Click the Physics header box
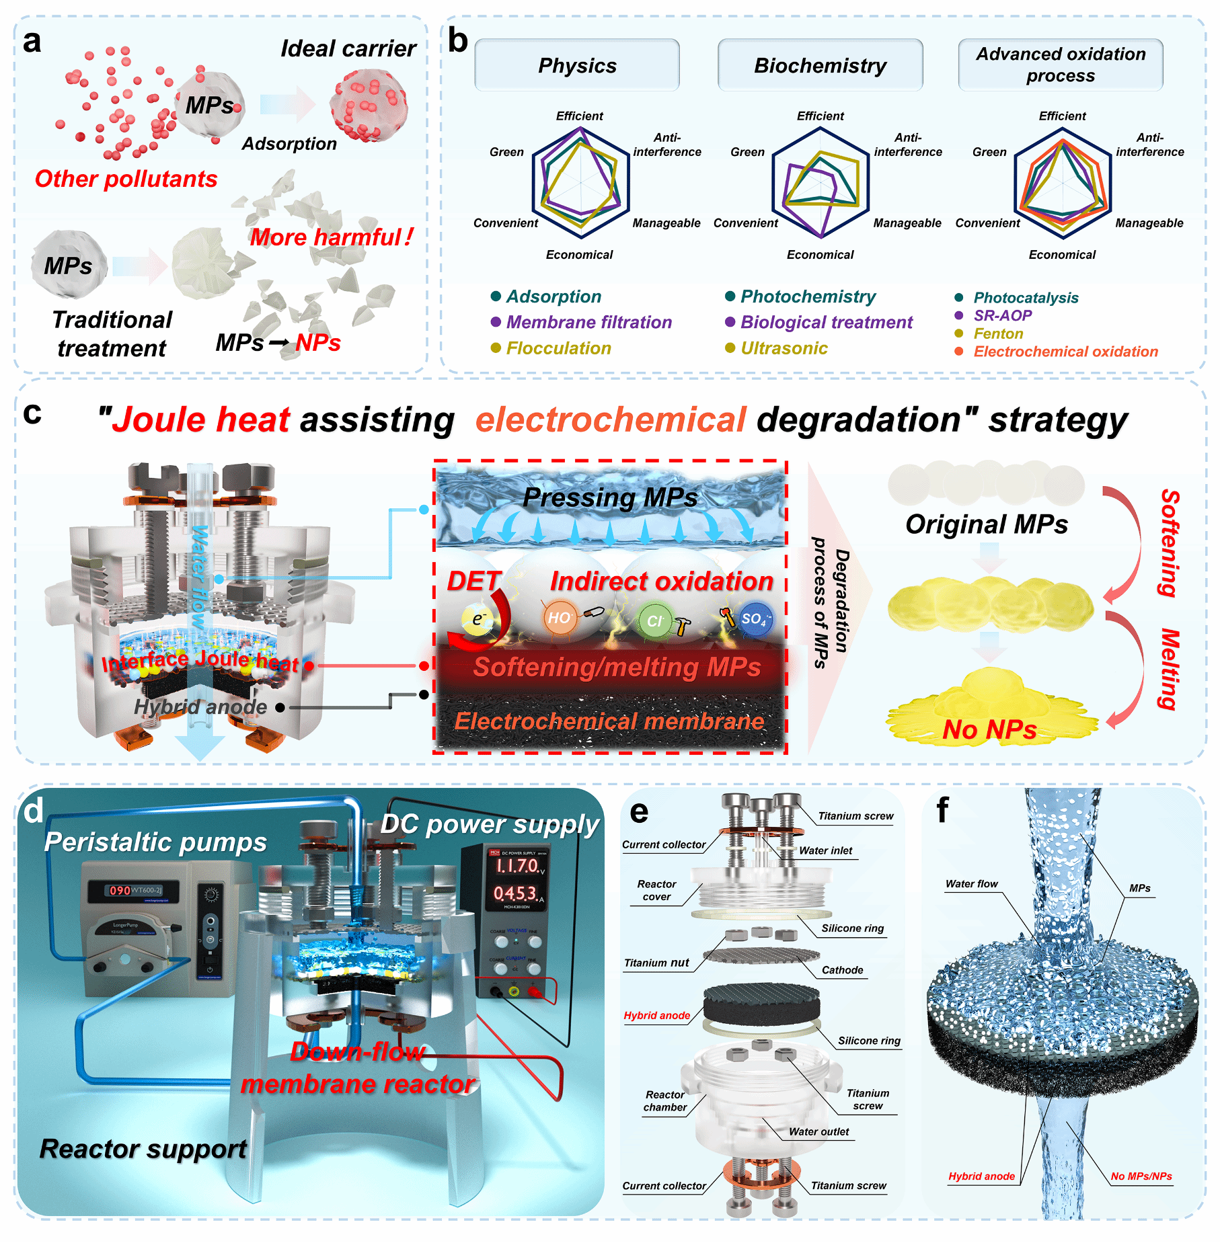pos(577,65)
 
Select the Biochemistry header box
pos(820,65)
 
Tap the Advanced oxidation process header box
pos(1061,65)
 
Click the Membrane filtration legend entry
pos(588,322)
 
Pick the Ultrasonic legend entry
pos(784,348)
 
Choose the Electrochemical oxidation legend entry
pos(1065,352)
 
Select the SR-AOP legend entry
pos(1002,315)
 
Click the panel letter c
pos(32,413)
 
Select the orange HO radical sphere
pos(560,618)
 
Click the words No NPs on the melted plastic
pos(989,729)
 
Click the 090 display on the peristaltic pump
pos(120,890)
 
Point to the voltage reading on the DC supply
pos(516,866)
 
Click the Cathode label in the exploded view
pos(842,970)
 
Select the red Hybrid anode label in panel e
pos(656,1016)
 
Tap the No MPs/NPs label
pos(1141,1176)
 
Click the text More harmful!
pos(332,237)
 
